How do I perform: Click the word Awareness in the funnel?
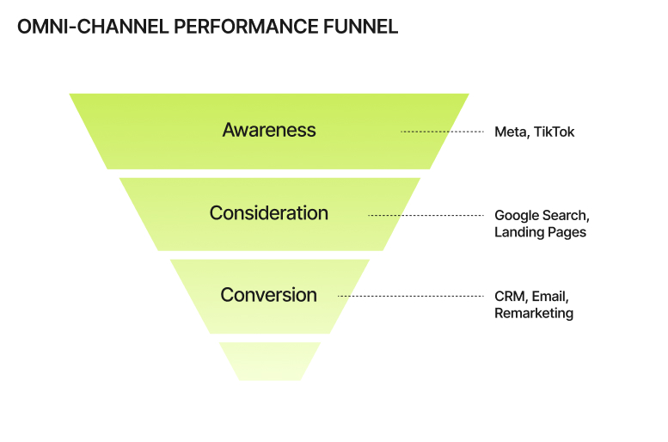(x=269, y=130)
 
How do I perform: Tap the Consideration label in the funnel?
(x=269, y=213)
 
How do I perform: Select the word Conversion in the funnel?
(x=269, y=295)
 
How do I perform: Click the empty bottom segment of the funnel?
(x=270, y=361)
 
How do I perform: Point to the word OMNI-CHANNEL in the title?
(x=93, y=27)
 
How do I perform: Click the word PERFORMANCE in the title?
(x=246, y=27)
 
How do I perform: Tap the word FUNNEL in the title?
(x=360, y=27)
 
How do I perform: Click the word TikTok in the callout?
(x=554, y=132)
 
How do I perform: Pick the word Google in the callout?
(x=516, y=216)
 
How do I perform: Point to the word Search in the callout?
(x=565, y=216)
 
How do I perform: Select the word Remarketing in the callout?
(x=534, y=313)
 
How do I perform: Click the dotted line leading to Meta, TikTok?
(x=442, y=132)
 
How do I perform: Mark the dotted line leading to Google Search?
(x=426, y=215)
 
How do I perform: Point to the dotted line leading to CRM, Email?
(x=411, y=296)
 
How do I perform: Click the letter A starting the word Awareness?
(x=230, y=130)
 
